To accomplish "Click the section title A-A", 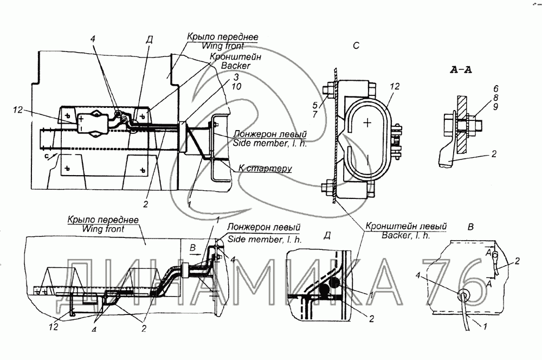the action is (461, 70).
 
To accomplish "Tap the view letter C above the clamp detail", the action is (357, 46).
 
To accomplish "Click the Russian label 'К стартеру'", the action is (265, 169).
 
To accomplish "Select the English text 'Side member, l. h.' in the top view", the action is (269, 143).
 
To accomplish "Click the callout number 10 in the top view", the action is (236, 86).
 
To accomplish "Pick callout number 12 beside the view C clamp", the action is (395, 86).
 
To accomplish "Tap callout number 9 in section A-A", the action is (496, 107).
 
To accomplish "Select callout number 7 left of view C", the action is (315, 114).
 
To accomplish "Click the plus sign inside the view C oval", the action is (367, 123).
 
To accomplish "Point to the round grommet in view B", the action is (463, 295).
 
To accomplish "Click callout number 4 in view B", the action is (418, 275).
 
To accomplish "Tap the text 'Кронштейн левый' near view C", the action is (406, 227).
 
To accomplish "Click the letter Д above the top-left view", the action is (149, 40).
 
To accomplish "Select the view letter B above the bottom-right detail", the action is (470, 227).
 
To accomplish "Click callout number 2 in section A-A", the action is (494, 153).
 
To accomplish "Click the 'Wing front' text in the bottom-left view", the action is (104, 229).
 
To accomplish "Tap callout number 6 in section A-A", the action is (496, 89).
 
